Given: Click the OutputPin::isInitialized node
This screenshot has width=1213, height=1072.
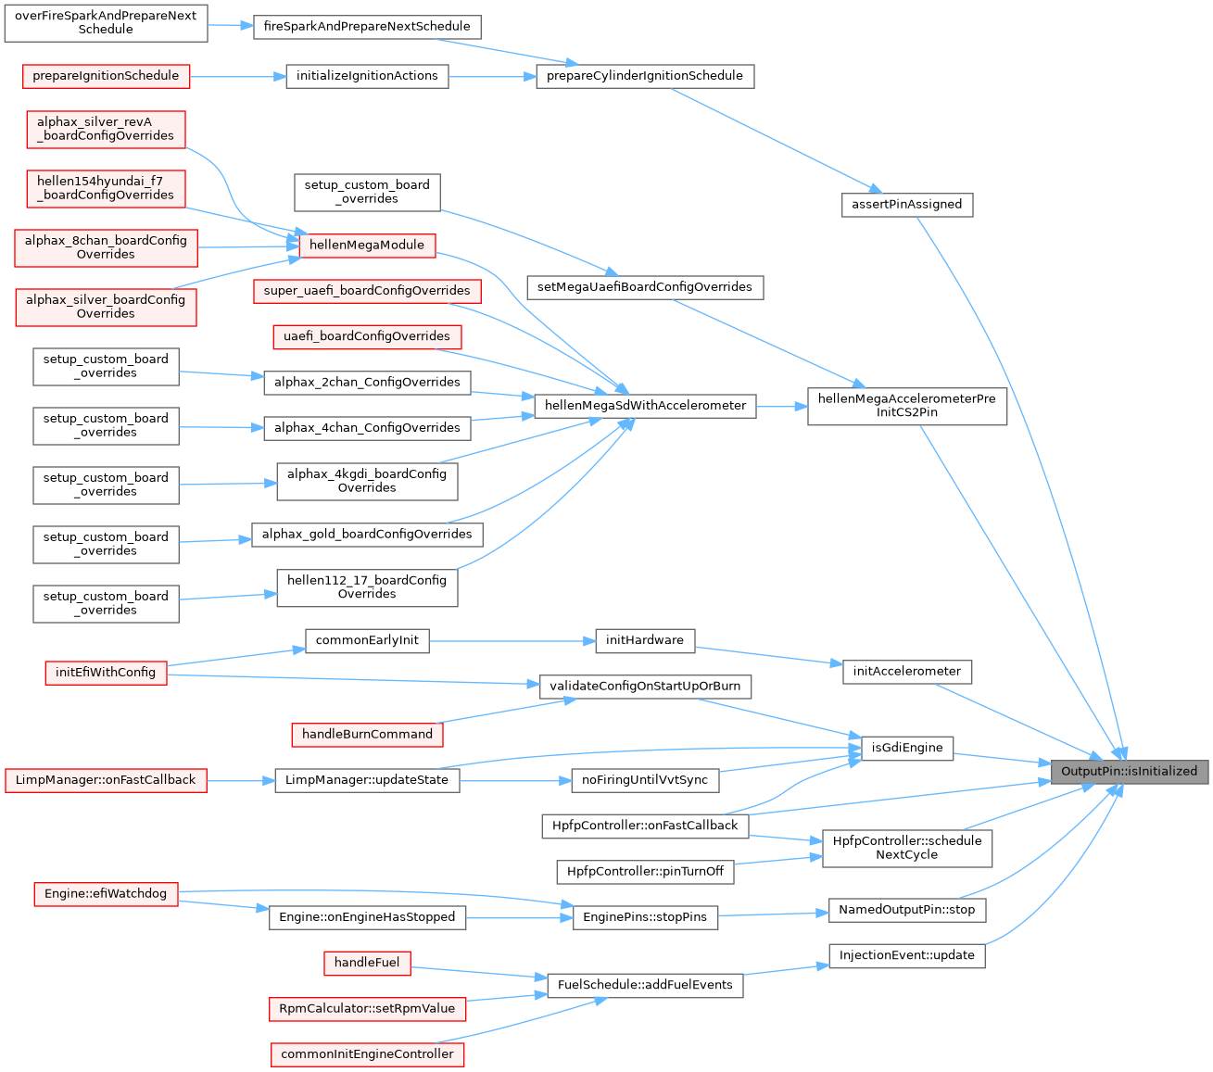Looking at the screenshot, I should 1129,771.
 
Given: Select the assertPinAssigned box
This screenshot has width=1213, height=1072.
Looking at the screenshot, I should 906,204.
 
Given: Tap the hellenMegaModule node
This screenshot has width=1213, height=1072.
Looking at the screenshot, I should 367,246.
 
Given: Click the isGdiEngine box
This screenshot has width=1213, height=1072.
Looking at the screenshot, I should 907,748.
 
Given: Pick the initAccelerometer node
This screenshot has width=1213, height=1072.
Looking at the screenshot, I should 906,672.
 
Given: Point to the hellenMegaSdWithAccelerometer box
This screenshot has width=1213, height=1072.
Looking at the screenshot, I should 645,406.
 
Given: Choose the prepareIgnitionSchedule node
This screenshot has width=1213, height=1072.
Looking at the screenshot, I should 106,76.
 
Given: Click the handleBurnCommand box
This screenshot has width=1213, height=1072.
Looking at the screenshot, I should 367,734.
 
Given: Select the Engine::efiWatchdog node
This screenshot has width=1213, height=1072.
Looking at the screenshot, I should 106,894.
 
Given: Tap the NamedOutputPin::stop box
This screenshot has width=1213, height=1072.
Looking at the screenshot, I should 906,910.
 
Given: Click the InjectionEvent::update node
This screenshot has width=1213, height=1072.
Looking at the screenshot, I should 906,955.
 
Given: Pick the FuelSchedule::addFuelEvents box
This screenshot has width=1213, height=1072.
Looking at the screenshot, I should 644,985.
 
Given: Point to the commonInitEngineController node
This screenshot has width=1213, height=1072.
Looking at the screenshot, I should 367,1054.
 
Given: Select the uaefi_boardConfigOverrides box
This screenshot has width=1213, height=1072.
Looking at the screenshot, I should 367,336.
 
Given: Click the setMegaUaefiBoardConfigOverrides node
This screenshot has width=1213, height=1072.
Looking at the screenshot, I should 644,287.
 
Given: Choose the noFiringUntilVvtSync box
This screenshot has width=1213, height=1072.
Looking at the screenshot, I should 644,780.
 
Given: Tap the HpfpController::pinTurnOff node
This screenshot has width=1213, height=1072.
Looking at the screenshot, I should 644,872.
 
